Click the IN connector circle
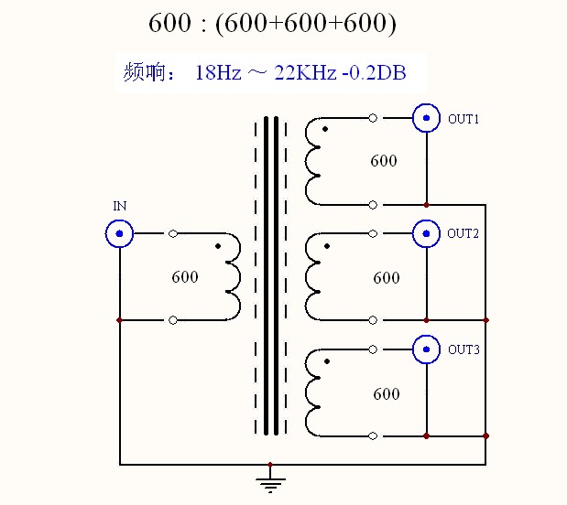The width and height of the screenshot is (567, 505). pos(120,234)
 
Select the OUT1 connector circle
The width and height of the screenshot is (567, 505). pos(426,119)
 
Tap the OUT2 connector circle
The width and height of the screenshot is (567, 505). pos(426,234)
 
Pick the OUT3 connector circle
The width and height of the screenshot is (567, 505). pos(426,349)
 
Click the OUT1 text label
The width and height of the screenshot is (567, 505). pos(463,119)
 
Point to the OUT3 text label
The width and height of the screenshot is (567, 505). pos(463,349)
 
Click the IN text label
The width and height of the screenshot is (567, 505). pos(120,207)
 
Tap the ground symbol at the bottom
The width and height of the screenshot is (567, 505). pos(269,482)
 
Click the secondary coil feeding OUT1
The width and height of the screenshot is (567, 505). pos(313,160)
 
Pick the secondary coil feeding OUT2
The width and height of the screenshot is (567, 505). pos(313,275)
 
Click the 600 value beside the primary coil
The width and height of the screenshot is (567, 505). pos(185,277)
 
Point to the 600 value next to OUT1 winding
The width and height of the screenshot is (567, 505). pos(384,161)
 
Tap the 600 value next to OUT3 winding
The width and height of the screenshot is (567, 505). pos(387,394)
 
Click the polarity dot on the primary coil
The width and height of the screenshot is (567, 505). pos(217,247)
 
